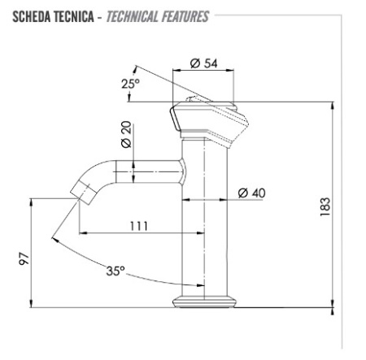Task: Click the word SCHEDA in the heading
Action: (32, 16)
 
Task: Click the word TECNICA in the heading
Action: (74, 16)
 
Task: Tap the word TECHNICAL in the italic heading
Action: (133, 16)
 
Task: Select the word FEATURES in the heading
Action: (185, 16)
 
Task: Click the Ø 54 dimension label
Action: (204, 63)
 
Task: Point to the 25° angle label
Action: (130, 84)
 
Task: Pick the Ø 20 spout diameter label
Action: (126, 134)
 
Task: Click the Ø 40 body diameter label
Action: (251, 193)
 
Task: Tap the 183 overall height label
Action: (325, 207)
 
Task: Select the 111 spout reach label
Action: (139, 226)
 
